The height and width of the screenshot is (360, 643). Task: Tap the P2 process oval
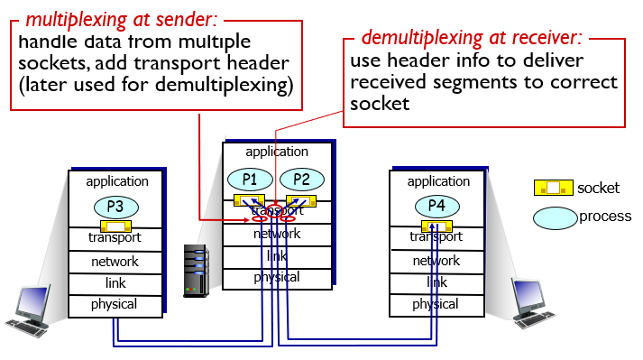[x=300, y=179]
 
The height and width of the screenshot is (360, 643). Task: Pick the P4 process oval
[x=436, y=206]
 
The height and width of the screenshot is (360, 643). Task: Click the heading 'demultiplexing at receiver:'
[x=472, y=38]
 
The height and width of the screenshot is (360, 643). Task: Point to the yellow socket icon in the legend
[x=554, y=189]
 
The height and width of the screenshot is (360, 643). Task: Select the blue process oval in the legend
[x=555, y=217]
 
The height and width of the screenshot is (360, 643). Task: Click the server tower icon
[x=195, y=271]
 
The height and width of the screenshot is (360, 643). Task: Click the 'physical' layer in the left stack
[x=115, y=305]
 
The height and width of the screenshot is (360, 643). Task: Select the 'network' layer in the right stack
[x=436, y=261]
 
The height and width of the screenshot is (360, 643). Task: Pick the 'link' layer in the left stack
[x=115, y=283]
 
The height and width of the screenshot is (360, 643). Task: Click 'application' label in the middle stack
[x=277, y=152]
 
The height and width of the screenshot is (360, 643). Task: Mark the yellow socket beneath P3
[x=115, y=225]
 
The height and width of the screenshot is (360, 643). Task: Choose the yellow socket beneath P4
[x=436, y=225]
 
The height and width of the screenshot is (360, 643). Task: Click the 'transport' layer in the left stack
[x=115, y=239]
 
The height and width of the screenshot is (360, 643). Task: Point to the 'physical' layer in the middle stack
[x=277, y=278]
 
